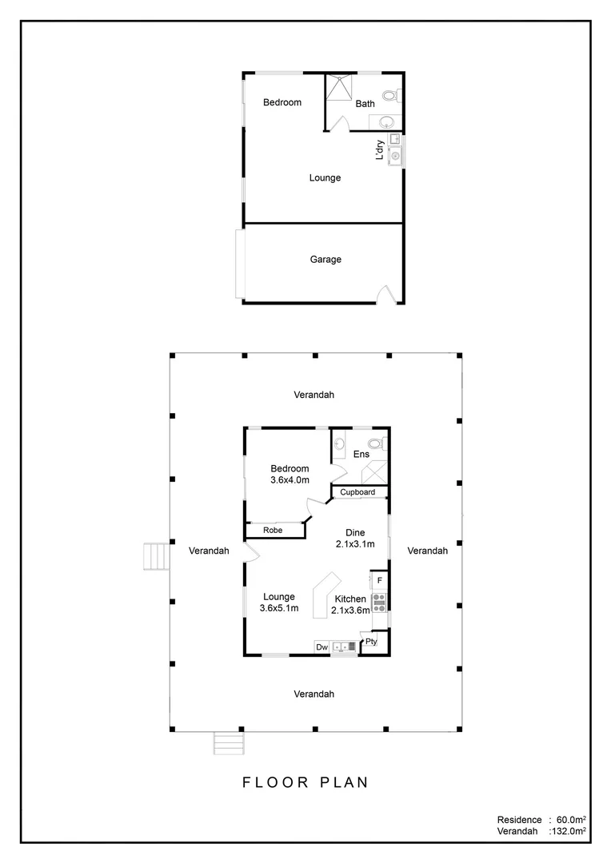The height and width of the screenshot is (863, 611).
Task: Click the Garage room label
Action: tap(325, 259)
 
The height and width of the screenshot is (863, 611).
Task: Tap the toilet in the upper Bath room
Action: tap(390, 96)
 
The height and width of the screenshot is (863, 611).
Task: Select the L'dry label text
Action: tap(381, 149)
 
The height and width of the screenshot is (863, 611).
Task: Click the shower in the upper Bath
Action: tap(339, 89)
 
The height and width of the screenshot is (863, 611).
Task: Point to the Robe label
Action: tap(274, 530)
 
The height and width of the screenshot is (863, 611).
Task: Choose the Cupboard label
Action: tap(357, 492)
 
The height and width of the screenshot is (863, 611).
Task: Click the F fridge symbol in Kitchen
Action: tap(380, 579)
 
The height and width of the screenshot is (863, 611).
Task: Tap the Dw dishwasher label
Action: tap(322, 646)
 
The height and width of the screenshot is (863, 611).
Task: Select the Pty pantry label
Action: tap(372, 642)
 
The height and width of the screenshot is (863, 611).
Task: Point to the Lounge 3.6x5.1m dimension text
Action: tap(278, 608)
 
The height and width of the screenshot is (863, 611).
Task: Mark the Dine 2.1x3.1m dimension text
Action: tap(354, 544)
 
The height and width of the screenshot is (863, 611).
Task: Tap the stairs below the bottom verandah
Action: tap(228, 743)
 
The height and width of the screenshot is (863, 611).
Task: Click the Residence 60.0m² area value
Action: tap(572, 820)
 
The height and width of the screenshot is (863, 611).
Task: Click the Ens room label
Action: tap(361, 454)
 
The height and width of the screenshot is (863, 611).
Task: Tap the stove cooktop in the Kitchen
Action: tap(379, 601)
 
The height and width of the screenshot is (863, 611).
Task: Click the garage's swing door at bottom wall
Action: tap(385, 294)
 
